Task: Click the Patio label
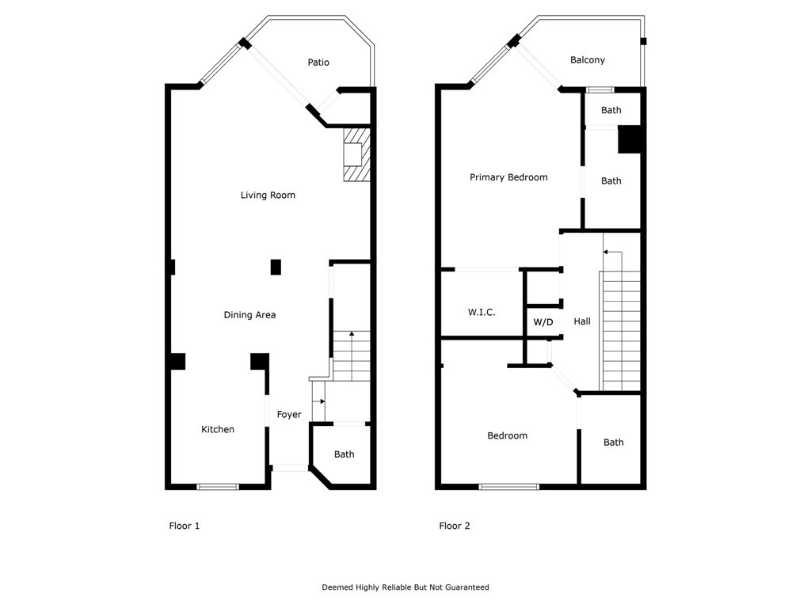(x=318, y=63)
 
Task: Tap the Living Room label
(x=268, y=196)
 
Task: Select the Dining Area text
(x=249, y=315)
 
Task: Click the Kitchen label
(x=218, y=430)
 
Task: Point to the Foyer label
(x=289, y=415)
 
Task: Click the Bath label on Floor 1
(x=344, y=454)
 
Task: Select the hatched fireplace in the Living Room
(x=356, y=156)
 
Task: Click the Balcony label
(x=588, y=60)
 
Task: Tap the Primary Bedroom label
(x=508, y=177)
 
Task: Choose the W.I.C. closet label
(x=482, y=313)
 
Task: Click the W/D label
(x=543, y=322)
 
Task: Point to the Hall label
(x=582, y=321)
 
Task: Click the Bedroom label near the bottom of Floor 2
(x=507, y=436)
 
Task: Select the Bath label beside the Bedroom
(x=614, y=443)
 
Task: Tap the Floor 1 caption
(x=185, y=526)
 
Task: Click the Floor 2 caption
(x=455, y=526)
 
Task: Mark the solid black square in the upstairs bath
(x=630, y=139)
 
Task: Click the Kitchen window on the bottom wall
(x=217, y=487)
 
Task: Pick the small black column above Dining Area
(x=276, y=268)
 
